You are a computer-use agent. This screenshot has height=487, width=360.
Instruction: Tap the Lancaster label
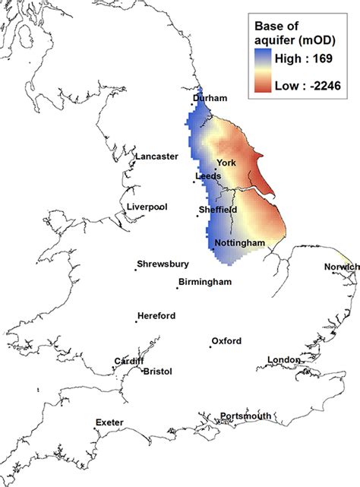coord(156,157)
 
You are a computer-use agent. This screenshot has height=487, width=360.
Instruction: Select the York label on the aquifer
coord(227,163)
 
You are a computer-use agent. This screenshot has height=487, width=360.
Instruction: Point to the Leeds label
coord(208,176)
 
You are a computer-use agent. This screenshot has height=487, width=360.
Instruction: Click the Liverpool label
coord(147,206)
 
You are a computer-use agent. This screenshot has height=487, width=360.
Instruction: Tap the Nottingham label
coord(239,243)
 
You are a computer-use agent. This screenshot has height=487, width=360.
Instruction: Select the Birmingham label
coord(205,283)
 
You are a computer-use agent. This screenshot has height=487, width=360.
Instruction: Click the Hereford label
coord(156,316)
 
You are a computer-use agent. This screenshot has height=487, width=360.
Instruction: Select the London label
coord(285,359)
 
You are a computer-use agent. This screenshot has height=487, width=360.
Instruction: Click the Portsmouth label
coord(246,416)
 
